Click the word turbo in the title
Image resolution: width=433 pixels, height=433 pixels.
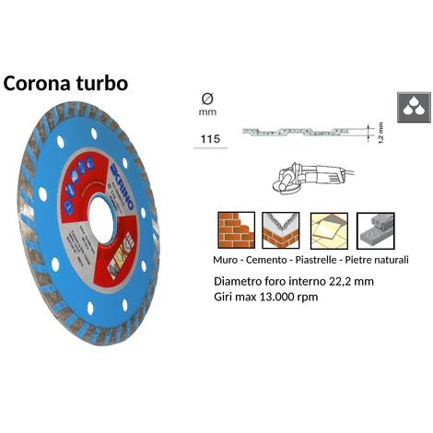[x=112, y=83]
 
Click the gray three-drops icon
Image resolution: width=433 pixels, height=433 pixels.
[x=410, y=107]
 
